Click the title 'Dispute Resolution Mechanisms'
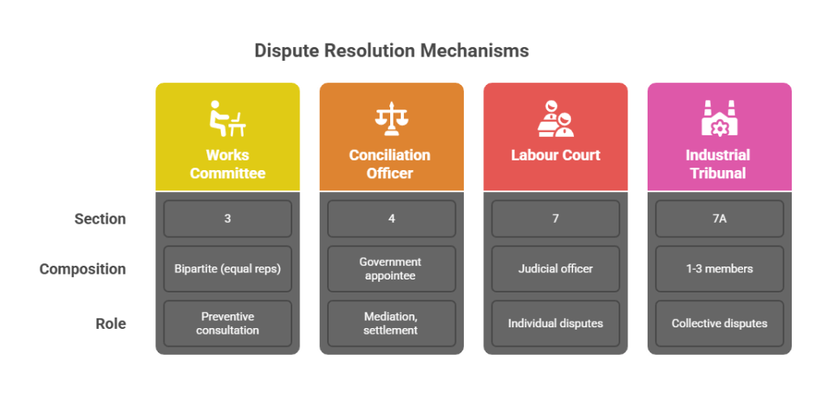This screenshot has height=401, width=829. coord(391,51)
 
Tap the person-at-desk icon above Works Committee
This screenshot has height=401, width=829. coord(227,118)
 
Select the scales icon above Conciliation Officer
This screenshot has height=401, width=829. coord(390,118)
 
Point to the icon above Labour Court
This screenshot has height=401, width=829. coord(555,118)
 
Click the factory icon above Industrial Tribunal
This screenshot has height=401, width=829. coord(719,118)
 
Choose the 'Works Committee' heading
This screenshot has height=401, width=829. coord(227,164)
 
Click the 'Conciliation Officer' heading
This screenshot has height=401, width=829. coord(390,164)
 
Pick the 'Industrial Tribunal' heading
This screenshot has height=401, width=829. coord(719,164)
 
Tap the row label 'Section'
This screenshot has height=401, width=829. coord(100,219)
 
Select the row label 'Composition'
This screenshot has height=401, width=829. coord(83,269)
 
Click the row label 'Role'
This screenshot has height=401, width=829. coord(111,323)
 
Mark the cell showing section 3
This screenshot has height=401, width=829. coord(227,219)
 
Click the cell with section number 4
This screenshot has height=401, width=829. coord(391,219)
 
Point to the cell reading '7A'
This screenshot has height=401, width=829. coord(719,219)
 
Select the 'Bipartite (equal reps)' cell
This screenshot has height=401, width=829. coord(227,269)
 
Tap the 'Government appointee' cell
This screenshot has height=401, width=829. coord(391,269)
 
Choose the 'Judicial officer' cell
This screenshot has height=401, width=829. coord(555,269)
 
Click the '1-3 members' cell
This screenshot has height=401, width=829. coord(719,269)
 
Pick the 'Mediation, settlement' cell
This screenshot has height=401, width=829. coord(391,323)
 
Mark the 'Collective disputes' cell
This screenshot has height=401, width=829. coord(719,323)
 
